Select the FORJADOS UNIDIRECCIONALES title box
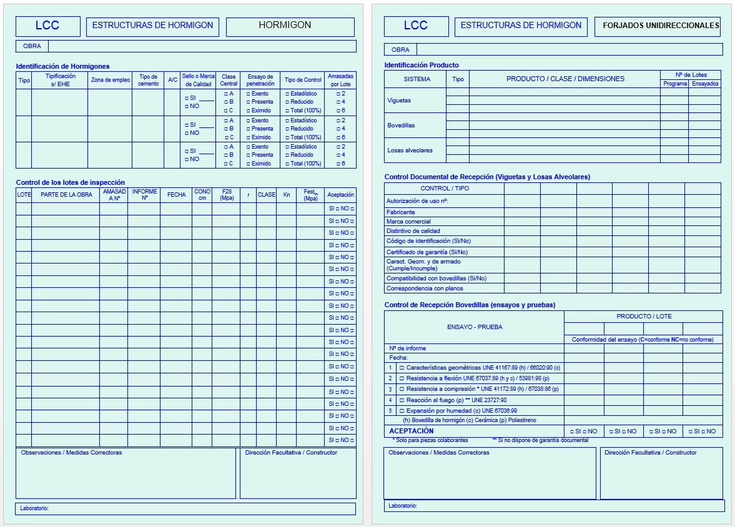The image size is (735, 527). (658, 26)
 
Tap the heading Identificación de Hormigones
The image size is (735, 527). (62, 66)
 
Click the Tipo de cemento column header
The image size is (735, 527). (148, 80)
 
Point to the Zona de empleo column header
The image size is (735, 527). (110, 80)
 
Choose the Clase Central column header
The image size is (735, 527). (229, 80)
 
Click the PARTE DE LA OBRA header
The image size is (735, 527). (66, 195)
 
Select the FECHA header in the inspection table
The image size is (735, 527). (176, 195)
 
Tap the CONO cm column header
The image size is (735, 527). (202, 195)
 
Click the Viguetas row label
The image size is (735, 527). (399, 101)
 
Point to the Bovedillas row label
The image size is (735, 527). (401, 126)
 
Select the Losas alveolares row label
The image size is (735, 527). (410, 150)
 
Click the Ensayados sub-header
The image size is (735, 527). (705, 84)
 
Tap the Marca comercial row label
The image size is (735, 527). (408, 222)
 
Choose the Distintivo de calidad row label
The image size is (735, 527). (413, 231)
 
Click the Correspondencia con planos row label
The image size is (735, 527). (425, 288)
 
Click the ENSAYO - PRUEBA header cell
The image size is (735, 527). (475, 327)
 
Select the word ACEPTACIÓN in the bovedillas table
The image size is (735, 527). (411, 431)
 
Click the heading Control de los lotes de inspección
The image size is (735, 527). (70, 182)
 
